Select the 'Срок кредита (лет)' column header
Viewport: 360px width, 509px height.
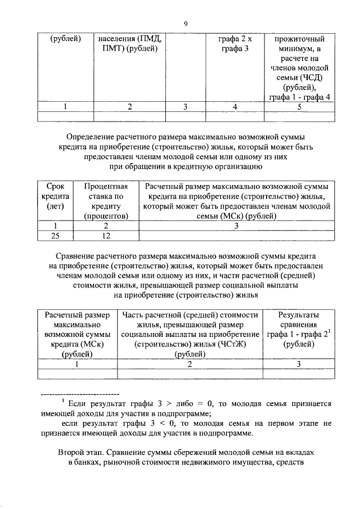pyautogui.click(x=55, y=200)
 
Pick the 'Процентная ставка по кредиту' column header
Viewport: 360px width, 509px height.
pyautogui.click(x=106, y=200)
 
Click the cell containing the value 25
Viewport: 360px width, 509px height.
pyautogui.click(x=55, y=236)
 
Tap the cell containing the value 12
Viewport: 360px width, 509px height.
pyautogui.click(x=106, y=236)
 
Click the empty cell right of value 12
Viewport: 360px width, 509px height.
pyautogui.click(x=237, y=236)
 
